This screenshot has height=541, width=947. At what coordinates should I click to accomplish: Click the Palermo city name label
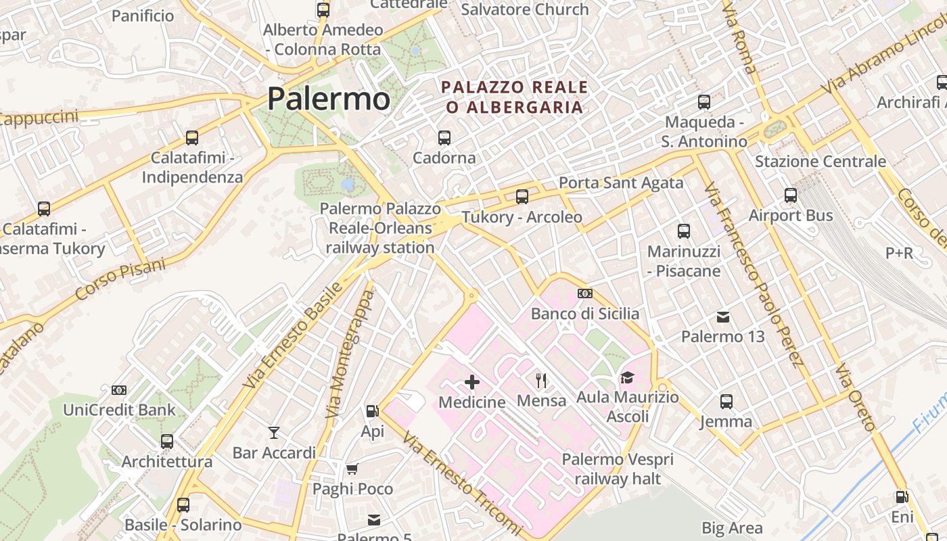(329, 99)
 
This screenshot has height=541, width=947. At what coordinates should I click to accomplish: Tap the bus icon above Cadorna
(444, 138)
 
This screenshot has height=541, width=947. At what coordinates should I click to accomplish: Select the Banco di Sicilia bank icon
(585, 293)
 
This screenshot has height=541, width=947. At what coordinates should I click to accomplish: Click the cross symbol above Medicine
(472, 383)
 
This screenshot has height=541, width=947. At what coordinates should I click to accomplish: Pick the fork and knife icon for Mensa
(541, 381)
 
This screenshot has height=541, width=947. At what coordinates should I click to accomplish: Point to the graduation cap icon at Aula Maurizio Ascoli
(627, 378)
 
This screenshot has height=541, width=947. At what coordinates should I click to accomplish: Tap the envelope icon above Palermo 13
(723, 316)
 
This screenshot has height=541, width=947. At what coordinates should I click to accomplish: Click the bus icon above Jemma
(726, 402)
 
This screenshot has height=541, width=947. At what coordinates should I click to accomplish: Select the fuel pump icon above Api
(372, 411)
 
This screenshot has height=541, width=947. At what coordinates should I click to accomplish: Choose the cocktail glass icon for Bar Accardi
(274, 433)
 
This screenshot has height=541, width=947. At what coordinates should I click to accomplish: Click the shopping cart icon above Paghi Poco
(352, 469)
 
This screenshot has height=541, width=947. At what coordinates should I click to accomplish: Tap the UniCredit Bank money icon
(119, 390)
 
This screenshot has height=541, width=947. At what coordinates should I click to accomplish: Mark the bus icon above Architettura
(167, 442)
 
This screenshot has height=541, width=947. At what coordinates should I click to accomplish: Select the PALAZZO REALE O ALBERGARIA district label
(514, 97)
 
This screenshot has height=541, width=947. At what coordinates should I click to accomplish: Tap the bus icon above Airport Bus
(791, 196)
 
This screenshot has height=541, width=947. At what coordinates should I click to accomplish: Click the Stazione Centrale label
(820, 162)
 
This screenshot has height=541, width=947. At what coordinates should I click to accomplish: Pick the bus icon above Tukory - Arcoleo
(522, 197)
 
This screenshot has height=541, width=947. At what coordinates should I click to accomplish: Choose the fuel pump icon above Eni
(902, 497)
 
